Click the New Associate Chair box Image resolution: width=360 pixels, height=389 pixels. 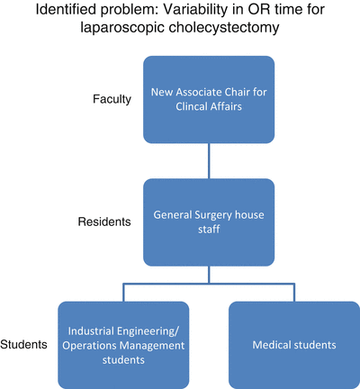209,98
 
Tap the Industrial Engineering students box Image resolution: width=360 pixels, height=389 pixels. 123,344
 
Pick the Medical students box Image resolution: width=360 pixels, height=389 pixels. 293,344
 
